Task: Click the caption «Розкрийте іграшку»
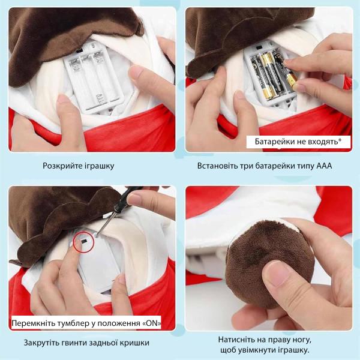pos(78,166)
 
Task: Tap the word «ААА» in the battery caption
pos(324,166)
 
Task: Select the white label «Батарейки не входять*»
pos(298,142)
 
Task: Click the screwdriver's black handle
pos(128,196)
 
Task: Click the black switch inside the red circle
pos(83,241)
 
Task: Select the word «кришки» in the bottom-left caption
pos(136,343)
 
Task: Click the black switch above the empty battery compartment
pos(79,51)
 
